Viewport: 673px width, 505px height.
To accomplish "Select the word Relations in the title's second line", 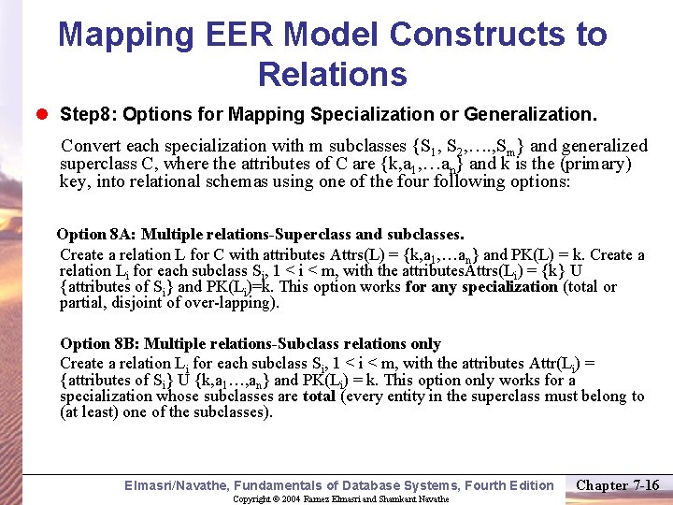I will point(332,74).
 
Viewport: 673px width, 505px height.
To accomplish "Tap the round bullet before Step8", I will point(44,115).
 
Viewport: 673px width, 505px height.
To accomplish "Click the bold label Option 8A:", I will point(96,234).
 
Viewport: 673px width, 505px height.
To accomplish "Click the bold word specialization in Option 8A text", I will point(511,287).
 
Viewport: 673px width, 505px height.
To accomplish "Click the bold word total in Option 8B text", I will point(319,397).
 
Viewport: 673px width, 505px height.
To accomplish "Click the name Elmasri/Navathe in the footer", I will point(177,485).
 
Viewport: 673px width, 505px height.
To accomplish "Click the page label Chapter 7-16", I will point(618,484).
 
